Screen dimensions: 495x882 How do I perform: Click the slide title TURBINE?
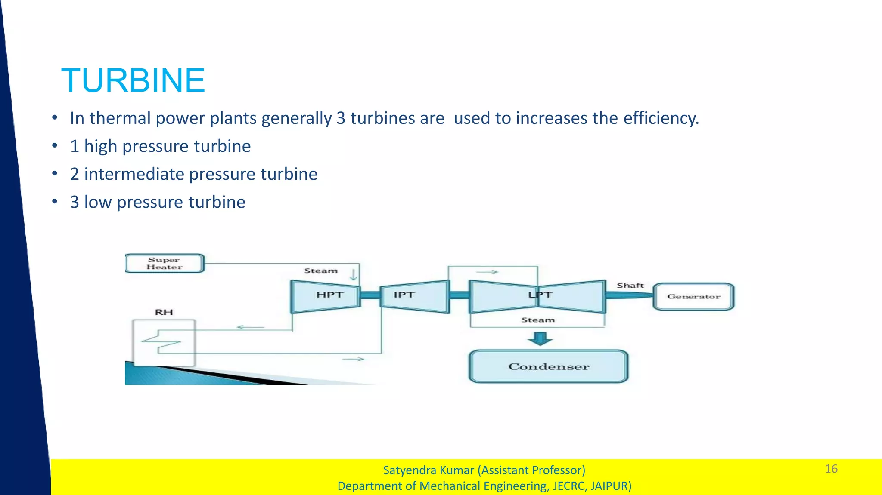pos(133,80)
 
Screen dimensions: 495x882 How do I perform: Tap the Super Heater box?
pos(165,263)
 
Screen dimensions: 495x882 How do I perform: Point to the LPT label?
pos(540,295)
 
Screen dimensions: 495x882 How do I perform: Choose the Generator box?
pos(693,296)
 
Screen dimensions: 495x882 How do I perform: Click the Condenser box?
pos(548,366)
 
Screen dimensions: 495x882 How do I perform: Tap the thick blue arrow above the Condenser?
pos(540,338)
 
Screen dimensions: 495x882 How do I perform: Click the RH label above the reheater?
pos(164,312)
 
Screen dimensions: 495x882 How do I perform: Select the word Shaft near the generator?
pos(630,286)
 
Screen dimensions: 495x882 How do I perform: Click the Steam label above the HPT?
pos(321,271)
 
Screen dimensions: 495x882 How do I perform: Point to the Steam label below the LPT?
pos(538,320)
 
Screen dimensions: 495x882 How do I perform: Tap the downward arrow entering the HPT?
pos(354,274)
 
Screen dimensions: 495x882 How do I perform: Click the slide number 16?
pos(831,469)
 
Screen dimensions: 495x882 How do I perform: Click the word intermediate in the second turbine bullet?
pos(134,174)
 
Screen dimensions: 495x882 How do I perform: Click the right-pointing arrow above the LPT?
pos(487,272)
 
